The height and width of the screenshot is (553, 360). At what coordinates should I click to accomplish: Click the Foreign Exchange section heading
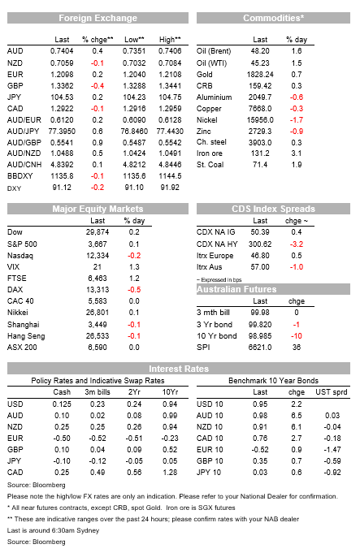point(98,18)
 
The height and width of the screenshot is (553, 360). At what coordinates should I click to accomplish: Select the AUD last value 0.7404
point(62,51)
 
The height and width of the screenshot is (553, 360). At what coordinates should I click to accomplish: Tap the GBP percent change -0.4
point(98,86)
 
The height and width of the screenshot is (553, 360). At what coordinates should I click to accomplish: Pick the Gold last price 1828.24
point(260,75)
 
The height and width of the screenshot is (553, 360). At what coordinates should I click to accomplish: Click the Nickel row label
point(207,120)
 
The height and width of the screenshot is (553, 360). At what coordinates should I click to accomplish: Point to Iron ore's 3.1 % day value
point(297,153)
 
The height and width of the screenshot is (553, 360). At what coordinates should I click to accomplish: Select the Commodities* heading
point(273,18)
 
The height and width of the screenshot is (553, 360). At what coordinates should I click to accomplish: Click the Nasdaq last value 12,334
point(98,255)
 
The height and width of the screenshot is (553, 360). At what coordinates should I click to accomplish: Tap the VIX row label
point(14,266)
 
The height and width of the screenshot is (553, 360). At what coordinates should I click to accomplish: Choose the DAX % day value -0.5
point(134,290)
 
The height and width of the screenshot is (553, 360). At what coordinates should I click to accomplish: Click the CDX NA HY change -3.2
point(297,244)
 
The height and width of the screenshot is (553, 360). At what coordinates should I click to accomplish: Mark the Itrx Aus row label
point(210,266)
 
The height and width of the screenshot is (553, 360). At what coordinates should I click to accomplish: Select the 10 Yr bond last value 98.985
point(260,335)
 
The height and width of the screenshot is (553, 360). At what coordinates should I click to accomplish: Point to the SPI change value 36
point(297,347)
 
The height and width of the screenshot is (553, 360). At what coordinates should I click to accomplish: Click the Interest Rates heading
point(179,369)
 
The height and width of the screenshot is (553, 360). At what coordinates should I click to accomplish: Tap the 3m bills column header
point(98,392)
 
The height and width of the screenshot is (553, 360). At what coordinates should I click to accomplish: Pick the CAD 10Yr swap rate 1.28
point(170,472)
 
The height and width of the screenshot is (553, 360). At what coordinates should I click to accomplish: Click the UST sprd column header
point(332,392)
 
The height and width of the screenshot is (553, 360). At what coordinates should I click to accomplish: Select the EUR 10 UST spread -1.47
point(332,449)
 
